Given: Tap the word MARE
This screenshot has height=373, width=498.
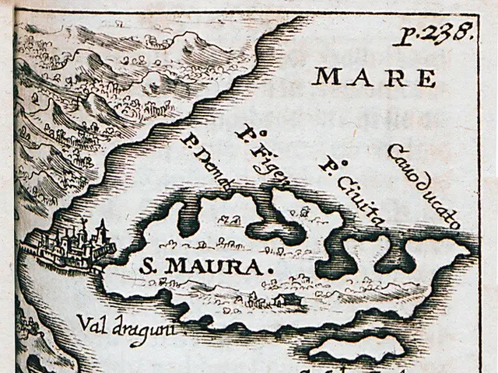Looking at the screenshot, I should [x=373, y=78].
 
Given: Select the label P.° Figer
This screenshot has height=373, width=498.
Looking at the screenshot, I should [x=262, y=155].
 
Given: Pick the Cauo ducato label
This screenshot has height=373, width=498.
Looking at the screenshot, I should [x=423, y=185].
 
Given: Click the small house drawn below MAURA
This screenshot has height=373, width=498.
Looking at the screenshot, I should [x=279, y=299].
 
